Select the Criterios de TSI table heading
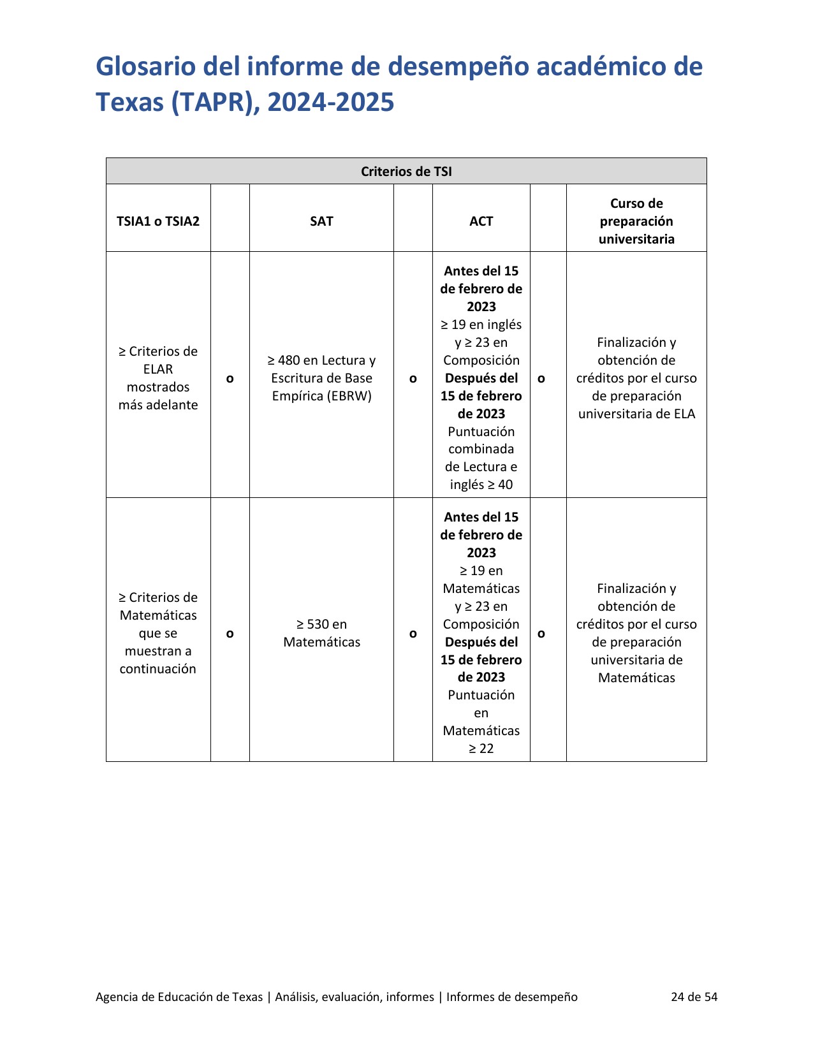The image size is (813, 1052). tap(406, 172)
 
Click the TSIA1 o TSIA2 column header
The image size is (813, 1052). tap(158, 221)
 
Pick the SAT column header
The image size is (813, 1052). tap(321, 221)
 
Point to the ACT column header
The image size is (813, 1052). tap(481, 221)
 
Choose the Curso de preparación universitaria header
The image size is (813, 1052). tap(636, 221)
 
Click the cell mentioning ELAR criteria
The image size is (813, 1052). tap(158, 378)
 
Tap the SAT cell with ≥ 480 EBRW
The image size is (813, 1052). tap(321, 378)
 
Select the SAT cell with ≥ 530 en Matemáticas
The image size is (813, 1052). tap(321, 633)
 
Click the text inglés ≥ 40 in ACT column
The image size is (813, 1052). tap(481, 485)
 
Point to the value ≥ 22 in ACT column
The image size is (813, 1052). tap(481, 749)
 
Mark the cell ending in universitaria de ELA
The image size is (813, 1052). tap(636, 378)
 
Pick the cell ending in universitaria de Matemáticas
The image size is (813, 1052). tap(636, 633)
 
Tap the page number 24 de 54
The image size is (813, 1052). tap(694, 997)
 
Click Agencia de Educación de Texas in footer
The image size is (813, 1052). tap(179, 997)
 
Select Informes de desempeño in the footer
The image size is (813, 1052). tap(512, 997)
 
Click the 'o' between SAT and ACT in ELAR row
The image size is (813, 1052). tap(413, 379)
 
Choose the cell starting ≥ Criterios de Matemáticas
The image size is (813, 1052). tap(158, 633)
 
